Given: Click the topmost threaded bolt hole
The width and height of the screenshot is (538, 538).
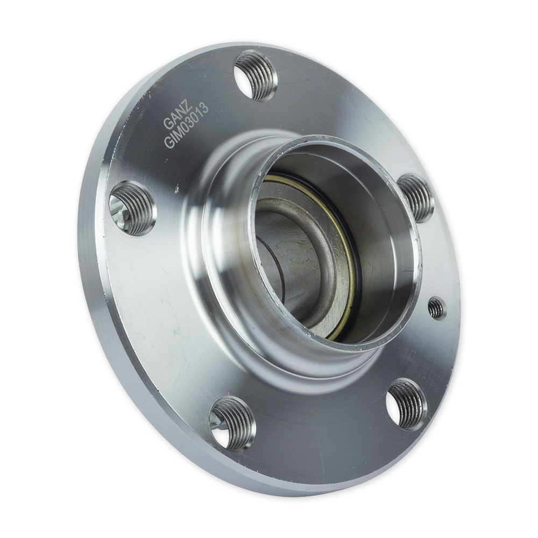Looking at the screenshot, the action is coord(256,75).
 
